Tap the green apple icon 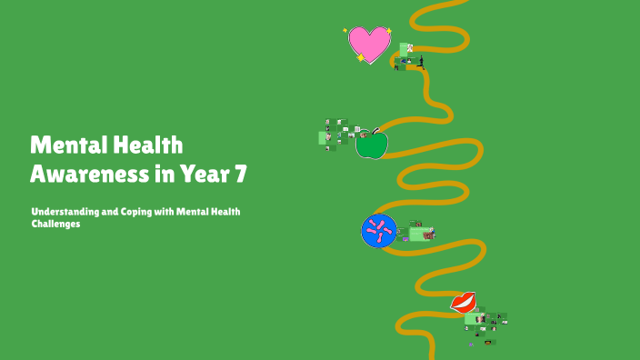pyautogui.click(x=371, y=145)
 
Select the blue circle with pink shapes pyautogui.click(x=379, y=231)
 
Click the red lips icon pyautogui.click(x=464, y=302)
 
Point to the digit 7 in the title pyautogui.click(x=239, y=172)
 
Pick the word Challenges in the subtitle pyautogui.click(x=55, y=224)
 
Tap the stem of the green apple pyautogui.click(x=375, y=131)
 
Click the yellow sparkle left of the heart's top pyautogui.click(x=345, y=30)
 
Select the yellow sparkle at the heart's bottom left pyautogui.click(x=360, y=58)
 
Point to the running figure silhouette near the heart pyautogui.click(x=421, y=62)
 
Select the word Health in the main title pyautogui.click(x=149, y=145)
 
